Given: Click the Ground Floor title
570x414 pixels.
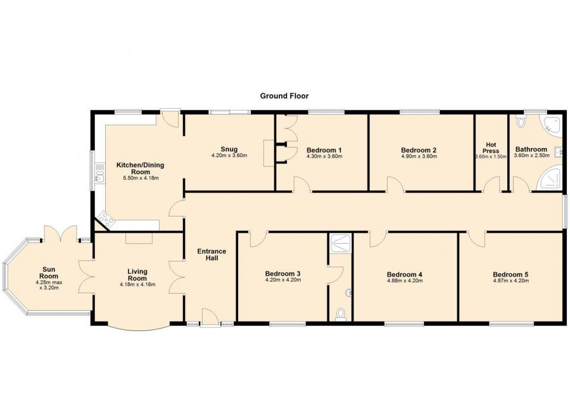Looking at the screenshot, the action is (284, 96).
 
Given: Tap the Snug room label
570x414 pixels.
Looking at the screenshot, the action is (229, 149).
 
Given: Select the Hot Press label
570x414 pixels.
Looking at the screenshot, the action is (491, 147).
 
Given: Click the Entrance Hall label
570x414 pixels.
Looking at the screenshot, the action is (212, 254).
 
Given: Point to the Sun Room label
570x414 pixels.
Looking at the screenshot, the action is (49, 273).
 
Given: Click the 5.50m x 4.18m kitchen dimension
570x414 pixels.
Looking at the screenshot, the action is (141, 178).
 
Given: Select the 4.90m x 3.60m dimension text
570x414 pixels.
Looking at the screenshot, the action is (419, 156).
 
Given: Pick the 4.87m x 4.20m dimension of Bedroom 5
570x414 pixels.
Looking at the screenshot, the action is (510, 280).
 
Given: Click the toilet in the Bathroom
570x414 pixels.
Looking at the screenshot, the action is (521, 121).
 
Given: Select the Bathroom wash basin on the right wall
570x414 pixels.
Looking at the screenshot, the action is (559, 153).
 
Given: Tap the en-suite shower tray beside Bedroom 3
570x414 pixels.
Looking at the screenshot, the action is (340, 243).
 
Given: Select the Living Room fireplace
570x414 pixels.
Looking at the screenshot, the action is (139, 239).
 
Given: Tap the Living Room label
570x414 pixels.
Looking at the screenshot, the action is (137, 275).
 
